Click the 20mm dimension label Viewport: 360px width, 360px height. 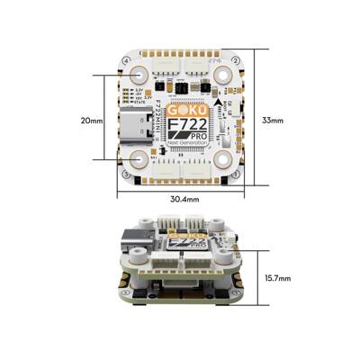click(93, 120)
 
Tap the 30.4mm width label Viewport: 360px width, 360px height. click(184, 198)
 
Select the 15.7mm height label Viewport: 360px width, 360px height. click(278, 279)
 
